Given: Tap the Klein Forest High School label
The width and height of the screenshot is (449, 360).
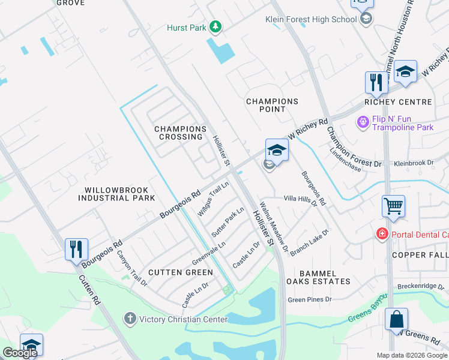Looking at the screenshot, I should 311,19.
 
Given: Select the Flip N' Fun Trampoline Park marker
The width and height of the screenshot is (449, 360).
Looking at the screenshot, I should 363,122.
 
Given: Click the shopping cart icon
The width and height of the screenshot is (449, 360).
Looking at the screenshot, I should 393,206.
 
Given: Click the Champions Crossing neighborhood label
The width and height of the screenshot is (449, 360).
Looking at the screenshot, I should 180,133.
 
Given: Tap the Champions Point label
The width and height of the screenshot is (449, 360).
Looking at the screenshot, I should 272,106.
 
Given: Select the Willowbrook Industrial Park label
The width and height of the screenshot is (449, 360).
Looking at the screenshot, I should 116,193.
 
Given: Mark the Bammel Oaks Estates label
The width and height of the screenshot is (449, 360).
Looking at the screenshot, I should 317,277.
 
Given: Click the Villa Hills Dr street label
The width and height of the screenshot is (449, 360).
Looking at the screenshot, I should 300,199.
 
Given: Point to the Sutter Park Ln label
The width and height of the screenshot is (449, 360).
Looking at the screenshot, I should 228,221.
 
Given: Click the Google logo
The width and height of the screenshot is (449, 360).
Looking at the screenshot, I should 20,353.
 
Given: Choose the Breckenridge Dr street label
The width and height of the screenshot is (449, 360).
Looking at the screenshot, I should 420,286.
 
